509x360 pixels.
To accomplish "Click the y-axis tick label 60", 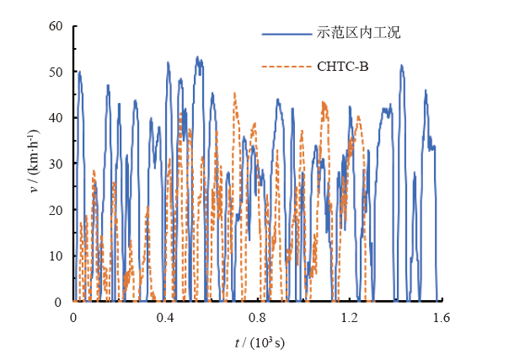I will point(56,26).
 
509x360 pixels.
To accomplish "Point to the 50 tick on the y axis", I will point(56,72).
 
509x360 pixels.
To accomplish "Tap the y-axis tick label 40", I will point(56,118).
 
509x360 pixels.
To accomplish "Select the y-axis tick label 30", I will point(56,164).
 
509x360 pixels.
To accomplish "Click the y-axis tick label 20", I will point(56,210).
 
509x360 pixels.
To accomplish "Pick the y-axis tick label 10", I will point(56,255).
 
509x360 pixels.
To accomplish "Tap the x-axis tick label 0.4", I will point(166,319).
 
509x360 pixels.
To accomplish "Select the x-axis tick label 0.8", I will point(258,319).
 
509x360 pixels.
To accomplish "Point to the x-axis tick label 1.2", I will point(350,319).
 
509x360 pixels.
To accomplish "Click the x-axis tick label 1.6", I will point(442,319).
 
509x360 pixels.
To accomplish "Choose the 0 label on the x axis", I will point(74,319).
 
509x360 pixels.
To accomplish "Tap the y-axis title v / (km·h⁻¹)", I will point(35,163).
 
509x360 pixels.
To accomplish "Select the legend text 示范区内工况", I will point(358,34).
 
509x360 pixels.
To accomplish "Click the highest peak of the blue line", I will point(197,57).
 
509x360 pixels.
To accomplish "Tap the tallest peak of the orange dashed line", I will point(234,94).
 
